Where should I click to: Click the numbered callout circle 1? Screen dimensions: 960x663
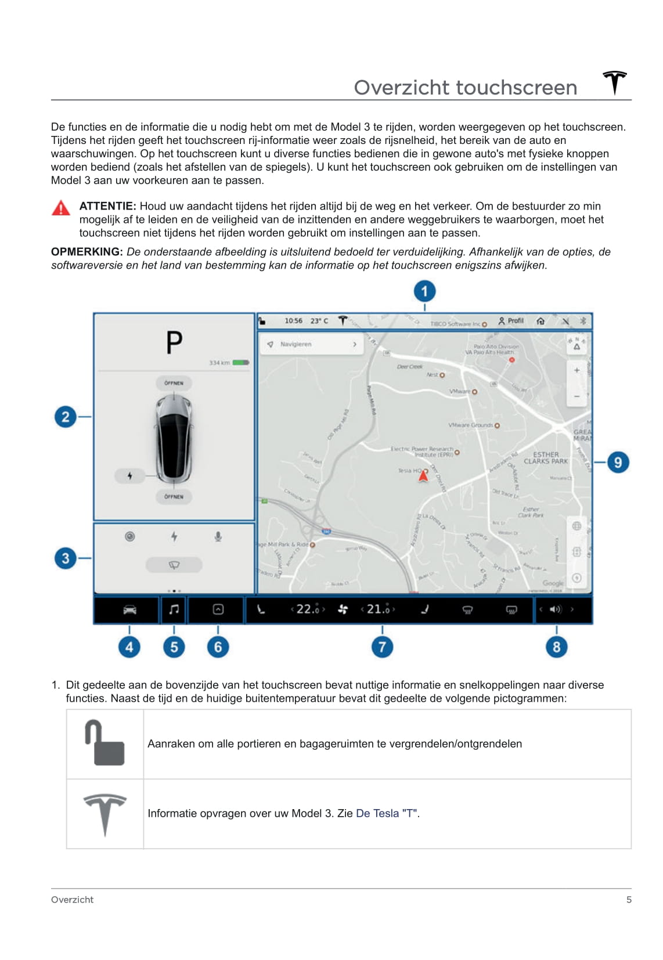[x=424, y=291]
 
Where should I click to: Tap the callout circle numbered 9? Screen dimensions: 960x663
[x=618, y=463]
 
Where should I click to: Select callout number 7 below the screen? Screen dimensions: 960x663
[x=382, y=647]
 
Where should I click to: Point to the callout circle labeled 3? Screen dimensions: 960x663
[x=66, y=558]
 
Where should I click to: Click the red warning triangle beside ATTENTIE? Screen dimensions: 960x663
[x=61, y=208]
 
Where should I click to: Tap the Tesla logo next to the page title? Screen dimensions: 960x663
[x=615, y=82]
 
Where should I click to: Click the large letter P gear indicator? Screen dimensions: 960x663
[x=174, y=342]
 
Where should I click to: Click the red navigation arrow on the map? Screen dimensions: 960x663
[x=424, y=476]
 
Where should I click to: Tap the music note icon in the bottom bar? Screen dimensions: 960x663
[x=174, y=609]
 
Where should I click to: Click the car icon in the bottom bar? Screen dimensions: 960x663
[x=129, y=609]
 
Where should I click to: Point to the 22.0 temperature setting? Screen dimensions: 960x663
[x=308, y=609]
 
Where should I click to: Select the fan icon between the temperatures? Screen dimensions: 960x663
[x=343, y=609]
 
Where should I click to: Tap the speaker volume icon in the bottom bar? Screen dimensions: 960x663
[x=556, y=609]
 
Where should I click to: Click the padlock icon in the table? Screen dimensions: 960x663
[x=105, y=743]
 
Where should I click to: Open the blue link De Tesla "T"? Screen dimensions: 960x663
[x=387, y=813]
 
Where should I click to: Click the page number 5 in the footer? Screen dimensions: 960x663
[x=629, y=900]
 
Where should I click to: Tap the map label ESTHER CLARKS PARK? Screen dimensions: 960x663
[x=546, y=458]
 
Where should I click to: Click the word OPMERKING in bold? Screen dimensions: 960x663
[x=87, y=252]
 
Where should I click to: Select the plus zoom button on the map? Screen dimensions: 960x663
[x=576, y=370]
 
